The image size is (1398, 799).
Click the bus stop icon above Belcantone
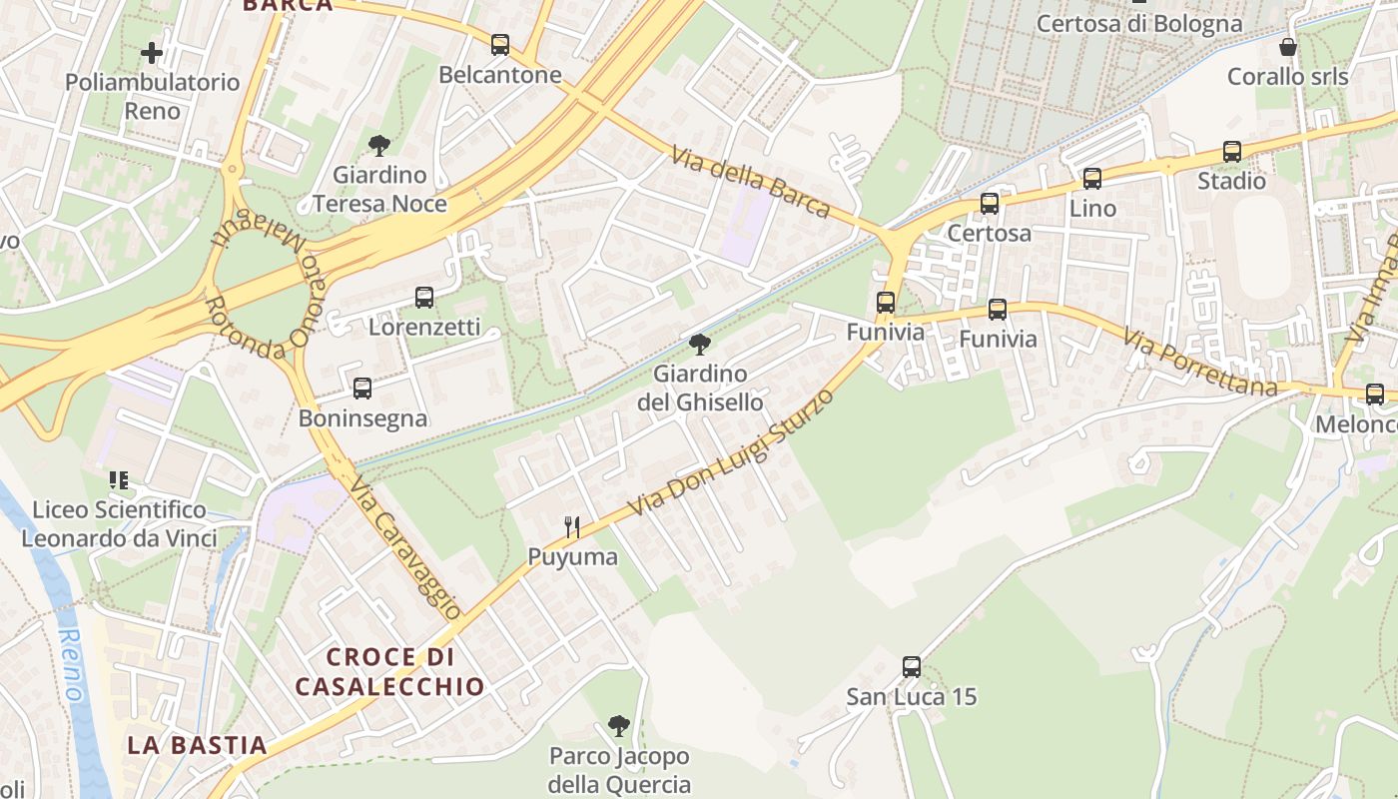point(500,45)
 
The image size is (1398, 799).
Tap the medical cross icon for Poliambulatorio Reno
point(152,52)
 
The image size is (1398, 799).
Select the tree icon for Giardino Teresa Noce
point(378,146)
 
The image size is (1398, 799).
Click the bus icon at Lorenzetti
point(424,298)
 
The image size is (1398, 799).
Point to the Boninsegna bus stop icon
point(362,389)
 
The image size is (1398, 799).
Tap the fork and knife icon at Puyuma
point(572,527)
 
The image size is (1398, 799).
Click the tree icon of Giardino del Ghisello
point(700,346)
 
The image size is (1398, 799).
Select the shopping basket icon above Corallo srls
point(1288,47)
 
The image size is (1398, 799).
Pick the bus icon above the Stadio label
point(1232,152)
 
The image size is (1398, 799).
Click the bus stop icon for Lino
point(1092,179)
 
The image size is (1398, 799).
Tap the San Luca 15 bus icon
point(912,667)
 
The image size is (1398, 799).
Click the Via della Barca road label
point(751,182)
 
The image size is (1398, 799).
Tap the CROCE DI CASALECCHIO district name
point(389,671)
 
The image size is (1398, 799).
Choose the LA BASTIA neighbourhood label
point(198,745)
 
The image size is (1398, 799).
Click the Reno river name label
point(70,663)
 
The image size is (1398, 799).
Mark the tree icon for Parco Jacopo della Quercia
point(619,726)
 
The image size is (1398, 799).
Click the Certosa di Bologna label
point(1139,23)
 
